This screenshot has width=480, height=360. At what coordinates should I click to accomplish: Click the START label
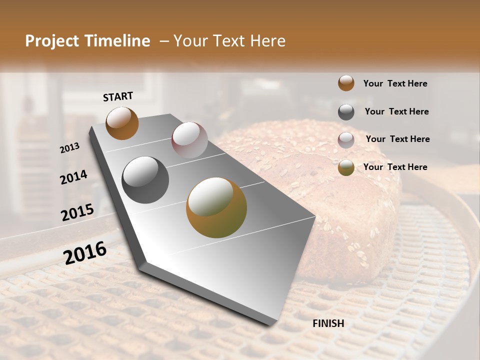(x=118, y=96)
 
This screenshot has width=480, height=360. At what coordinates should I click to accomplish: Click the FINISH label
(x=328, y=323)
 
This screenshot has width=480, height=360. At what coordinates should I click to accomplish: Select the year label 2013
(x=69, y=148)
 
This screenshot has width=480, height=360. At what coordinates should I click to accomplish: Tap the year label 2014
(x=73, y=177)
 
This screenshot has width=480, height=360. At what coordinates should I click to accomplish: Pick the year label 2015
(x=77, y=212)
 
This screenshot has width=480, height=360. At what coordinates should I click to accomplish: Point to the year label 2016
(x=85, y=252)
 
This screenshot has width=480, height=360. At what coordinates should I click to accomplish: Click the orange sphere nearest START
(x=122, y=123)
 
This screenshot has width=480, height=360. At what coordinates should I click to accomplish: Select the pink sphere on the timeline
(x=189, y=140)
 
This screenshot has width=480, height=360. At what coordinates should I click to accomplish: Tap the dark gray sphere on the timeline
(x=145, y=180)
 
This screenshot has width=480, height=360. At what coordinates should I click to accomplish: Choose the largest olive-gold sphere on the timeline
(x=216, y=207)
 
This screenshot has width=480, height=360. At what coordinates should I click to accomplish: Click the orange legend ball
(x=346, y=83)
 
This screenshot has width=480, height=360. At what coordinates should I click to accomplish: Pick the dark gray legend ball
(x=346, y=111)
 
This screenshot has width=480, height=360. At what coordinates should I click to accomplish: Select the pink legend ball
(x=346, y=139)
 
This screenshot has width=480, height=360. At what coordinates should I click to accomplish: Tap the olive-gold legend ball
(x=346, y=167)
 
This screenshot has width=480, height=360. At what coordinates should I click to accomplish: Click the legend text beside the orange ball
(x=395, y=83)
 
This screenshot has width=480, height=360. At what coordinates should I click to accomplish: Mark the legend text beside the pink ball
(x=397, y=139)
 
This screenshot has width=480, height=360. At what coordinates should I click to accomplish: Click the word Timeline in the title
(x=118, y=41)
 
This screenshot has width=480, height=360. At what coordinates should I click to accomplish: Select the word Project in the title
(x=52, y=41)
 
